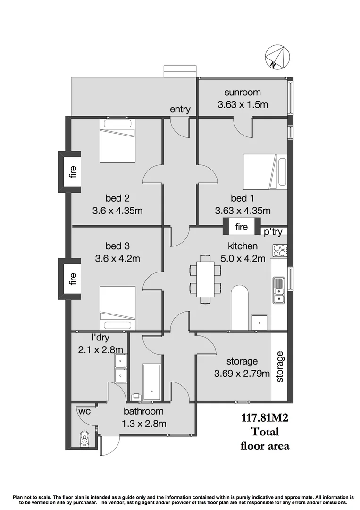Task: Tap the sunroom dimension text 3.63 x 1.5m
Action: tap(243, 105)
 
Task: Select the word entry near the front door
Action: tap(180, 110)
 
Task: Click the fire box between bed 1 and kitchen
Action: tap(241, 227)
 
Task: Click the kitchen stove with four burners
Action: tap(279, 250)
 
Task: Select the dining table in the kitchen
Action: tap(205, 279)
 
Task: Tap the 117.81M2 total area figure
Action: tap(264, 417)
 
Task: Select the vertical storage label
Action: tap(279, 366)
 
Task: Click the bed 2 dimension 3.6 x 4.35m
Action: tap(117, 211)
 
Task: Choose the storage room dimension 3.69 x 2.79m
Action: tap(242, 374)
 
